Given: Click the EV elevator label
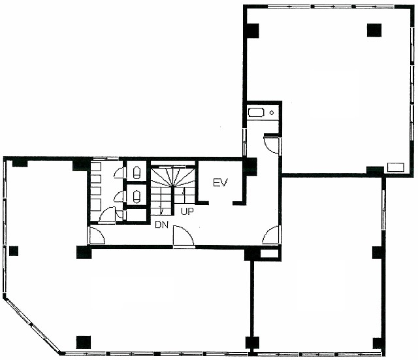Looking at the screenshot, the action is tap(221, 183).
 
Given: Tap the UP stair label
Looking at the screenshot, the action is tap(187, 212).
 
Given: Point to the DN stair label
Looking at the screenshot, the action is tap(162, 225).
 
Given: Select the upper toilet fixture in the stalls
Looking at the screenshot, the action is tap(137, 172).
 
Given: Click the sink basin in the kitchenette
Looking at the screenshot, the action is tap(256, 112).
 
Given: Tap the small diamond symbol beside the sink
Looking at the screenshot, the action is tap(272, 112).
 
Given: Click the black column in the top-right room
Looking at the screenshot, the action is tap(374, 30).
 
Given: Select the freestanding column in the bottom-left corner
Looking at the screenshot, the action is tap(84, 342).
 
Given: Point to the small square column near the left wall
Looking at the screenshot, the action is tap(14, 251).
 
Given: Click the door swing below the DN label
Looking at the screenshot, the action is tap(184, 235).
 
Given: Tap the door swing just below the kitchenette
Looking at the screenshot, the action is tap(271, 144).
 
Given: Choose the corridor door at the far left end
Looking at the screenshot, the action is tap(97, 236).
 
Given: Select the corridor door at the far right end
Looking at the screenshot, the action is tap(271, 235).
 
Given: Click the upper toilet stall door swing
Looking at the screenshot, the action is tap(120, 172).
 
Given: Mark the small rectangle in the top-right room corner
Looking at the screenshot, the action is tap(396, 167).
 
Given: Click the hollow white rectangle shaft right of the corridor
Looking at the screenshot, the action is tap(269, 254).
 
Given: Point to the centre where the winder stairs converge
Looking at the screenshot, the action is tap(173, 186).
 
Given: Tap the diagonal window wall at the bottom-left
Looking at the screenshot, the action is tap(32, 324).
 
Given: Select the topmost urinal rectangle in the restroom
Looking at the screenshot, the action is tap(96, 167).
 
